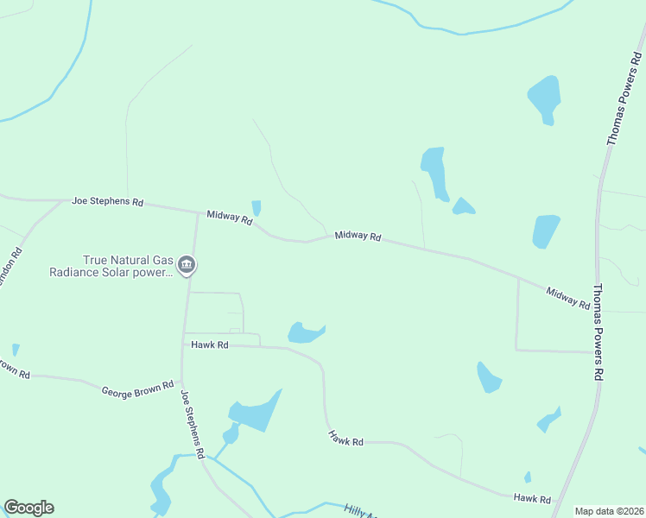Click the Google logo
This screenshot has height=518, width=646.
click(28, 508)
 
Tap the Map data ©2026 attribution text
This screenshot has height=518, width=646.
click(609, 511)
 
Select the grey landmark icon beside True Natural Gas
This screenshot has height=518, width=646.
click(186, 267)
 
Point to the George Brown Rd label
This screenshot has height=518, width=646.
click(137, 389)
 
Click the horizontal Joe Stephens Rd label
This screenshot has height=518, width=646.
click(107, 201)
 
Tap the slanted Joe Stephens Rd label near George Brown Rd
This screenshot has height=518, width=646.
click(192, 424)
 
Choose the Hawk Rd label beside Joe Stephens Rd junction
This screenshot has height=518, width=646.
click(210, 344)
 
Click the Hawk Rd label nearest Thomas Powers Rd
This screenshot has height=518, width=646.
click(532, 499)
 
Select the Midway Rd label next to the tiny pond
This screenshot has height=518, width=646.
click(229, 218)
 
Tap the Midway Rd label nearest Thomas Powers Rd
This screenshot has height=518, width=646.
click(567, 299)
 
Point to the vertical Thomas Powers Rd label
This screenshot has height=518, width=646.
click(598, 332)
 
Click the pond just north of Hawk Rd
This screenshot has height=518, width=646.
click(304, 332)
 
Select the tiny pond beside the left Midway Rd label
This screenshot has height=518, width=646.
click(256, 208)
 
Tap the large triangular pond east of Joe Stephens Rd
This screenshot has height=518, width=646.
click(257, 413)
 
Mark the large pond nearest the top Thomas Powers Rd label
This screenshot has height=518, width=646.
click(544, 98)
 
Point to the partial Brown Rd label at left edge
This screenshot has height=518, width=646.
click(15, 369)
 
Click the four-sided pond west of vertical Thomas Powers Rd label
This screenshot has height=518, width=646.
click(545, 231)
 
